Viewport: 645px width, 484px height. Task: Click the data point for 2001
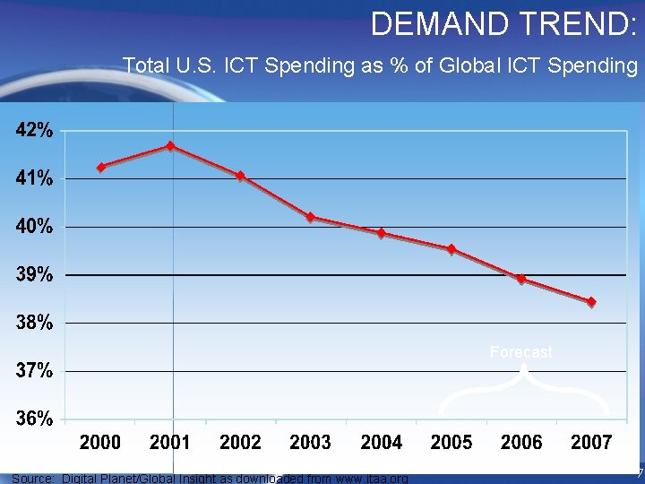170,146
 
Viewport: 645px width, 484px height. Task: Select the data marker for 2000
101,167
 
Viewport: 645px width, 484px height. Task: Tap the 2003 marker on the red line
310,217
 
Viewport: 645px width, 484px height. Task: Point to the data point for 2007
591,302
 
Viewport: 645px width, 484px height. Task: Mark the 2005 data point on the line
451,249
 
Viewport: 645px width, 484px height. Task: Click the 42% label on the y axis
33,131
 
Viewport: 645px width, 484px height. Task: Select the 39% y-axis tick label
33,275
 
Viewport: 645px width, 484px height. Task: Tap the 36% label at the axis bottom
33,419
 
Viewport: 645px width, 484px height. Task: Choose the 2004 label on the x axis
381,442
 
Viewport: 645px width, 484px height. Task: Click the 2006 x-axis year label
521,442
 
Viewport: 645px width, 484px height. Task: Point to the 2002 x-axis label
240,442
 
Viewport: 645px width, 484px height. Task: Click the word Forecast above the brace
521,352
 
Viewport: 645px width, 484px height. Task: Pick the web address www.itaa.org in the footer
365,479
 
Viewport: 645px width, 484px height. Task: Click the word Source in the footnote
32,479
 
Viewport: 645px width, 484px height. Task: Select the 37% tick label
33,370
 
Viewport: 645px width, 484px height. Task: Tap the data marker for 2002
241,176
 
